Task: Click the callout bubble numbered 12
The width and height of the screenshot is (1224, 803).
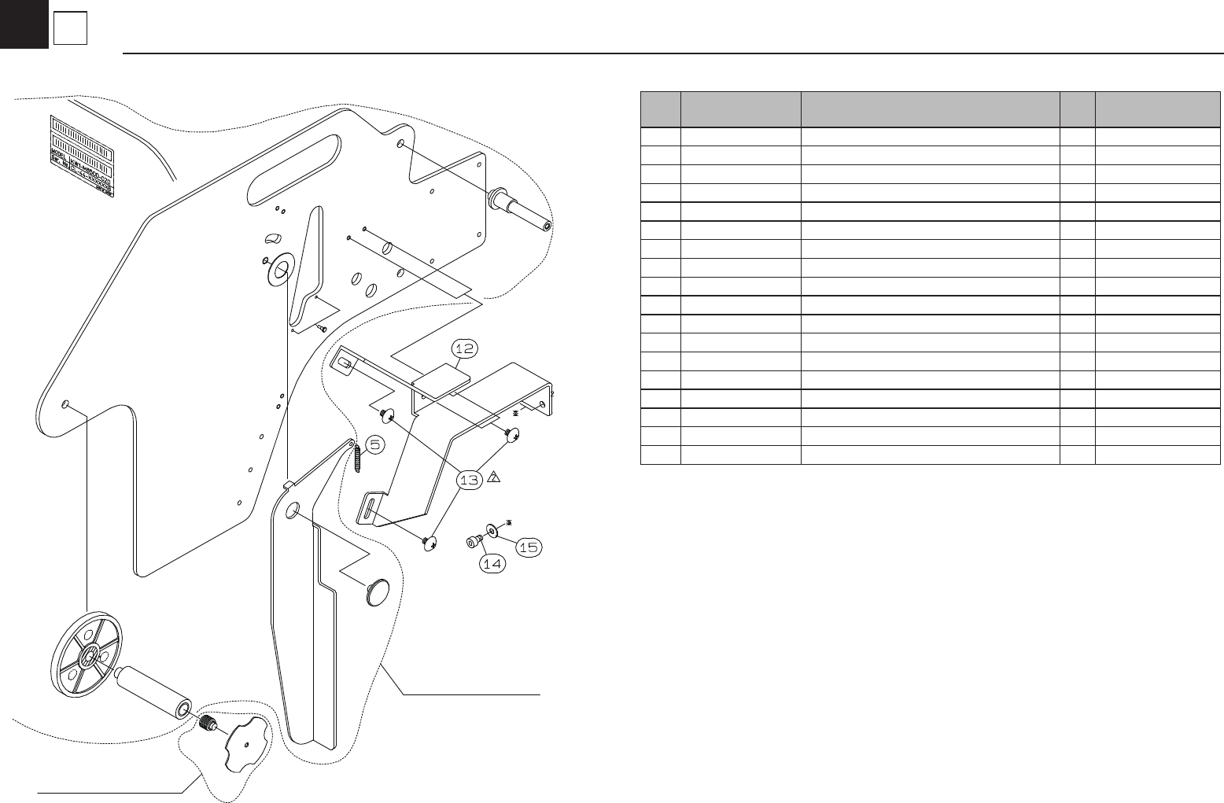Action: tap(465, 348)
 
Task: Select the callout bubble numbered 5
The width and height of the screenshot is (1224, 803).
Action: tap(374, 445)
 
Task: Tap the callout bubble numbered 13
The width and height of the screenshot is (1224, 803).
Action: tap(470, 481)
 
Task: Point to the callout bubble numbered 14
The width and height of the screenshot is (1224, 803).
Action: tap(492, 563)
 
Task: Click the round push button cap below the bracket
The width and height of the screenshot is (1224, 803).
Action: tap(378, 592)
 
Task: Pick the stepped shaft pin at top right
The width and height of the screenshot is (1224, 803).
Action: tap(519, 208)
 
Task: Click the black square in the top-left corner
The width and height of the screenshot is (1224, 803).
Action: tap(24, 24)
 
